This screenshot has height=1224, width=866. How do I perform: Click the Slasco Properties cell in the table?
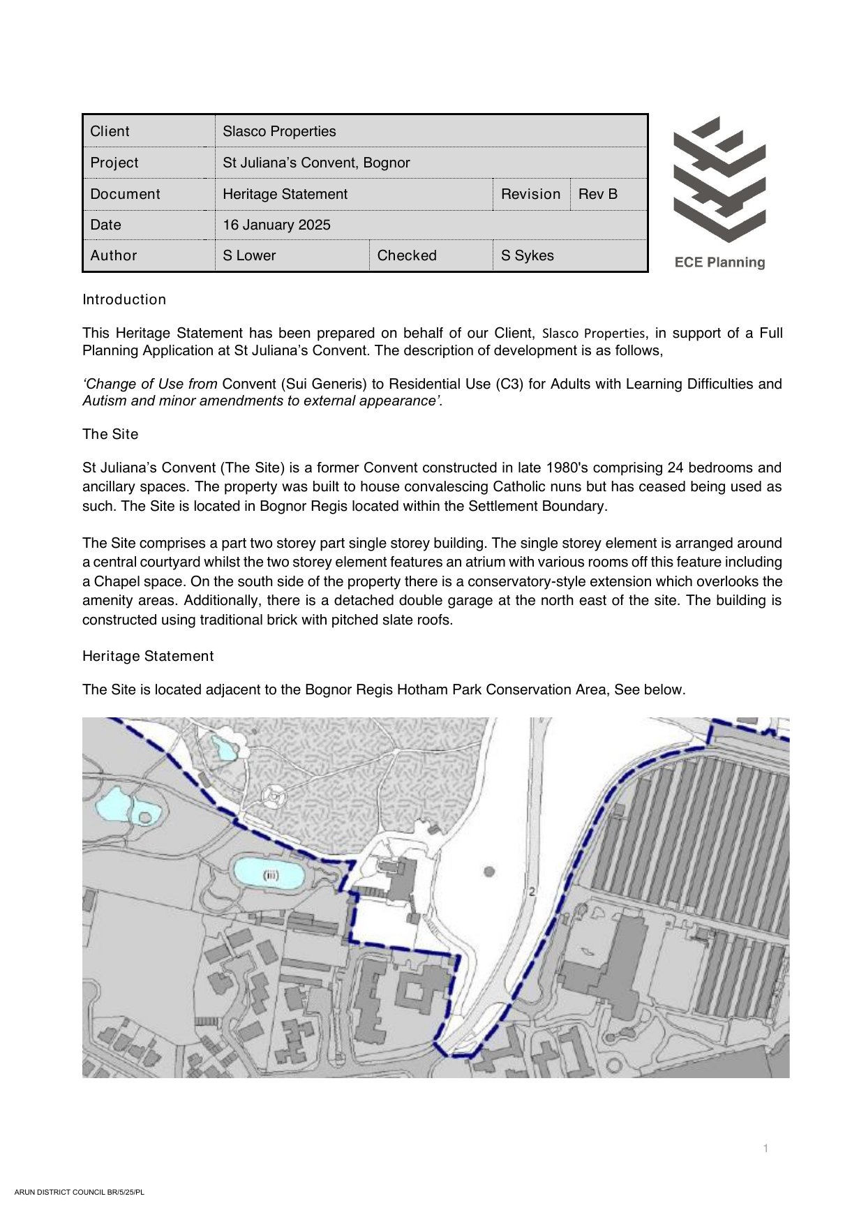(x=279, y=131)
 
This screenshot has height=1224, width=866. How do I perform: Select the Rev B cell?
(x=598, y=194)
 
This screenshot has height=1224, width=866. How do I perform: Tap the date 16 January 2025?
(x=276, y=225)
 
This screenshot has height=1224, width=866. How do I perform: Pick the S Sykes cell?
(x=528, y=255)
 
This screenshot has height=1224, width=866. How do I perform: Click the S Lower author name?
(x=249, y=255)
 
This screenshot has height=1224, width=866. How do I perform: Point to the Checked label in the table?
(x=407, y=255)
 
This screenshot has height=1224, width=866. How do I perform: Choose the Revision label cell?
(x=530, y=194)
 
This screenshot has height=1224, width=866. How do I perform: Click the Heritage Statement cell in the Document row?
(x=285, y=194)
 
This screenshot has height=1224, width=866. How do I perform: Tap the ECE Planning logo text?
(x=719, y=262)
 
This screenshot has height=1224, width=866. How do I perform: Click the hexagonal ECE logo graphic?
(x=719, y=179)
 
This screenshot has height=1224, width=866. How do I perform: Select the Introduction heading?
(x=124, y=299)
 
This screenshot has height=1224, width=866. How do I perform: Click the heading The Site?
(x=110, y=434)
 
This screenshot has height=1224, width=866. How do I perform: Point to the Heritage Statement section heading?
(x=148, y=656)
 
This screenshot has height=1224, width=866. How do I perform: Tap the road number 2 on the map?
(x=532, y=891)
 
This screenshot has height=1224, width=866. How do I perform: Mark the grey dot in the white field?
(x=489, y=871)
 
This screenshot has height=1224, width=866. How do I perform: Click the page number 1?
(x=766, y=1148)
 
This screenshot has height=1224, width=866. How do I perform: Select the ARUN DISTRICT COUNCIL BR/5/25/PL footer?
(x=79, y=1192)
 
